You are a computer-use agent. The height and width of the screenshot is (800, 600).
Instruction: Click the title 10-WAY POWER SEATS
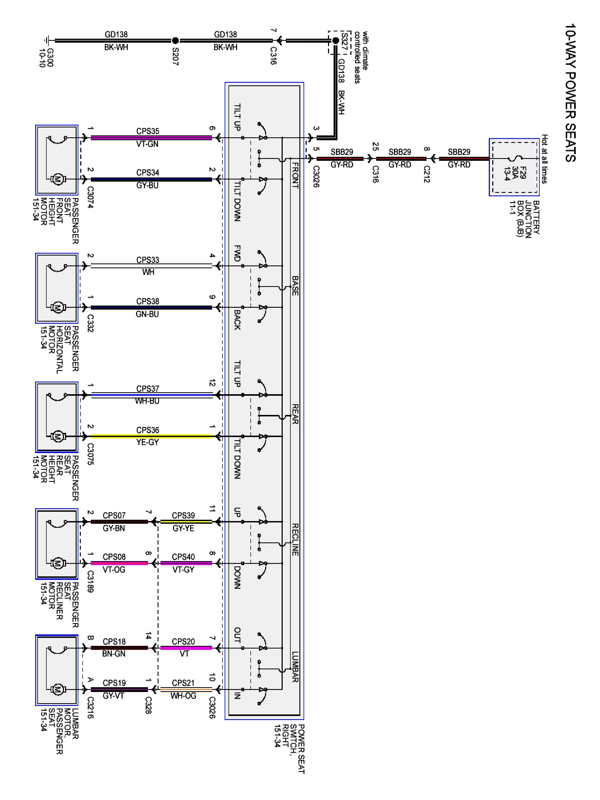[x=570, y=93]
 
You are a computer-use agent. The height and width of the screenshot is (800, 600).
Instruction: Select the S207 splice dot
[x=175, y=40]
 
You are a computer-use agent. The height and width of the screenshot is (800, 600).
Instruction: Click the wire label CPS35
[x=147, y=131]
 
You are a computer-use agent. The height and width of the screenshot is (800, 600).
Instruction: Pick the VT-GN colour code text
[x=147, y=144]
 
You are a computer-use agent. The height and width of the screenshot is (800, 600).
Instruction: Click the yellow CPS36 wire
[x=151, y=436]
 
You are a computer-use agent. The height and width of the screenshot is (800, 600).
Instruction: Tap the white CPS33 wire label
[x=147, y=260]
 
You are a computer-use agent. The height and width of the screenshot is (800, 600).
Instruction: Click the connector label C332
[x=90, y=323]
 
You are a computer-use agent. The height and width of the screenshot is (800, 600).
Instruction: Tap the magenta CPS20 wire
[x=186, y=648]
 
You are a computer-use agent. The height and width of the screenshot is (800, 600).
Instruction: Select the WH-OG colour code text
[x=183, y=695]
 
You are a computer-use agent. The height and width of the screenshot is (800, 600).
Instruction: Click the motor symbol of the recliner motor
[x=57, y=563]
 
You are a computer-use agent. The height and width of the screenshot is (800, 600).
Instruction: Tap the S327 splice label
[x=344, y=42]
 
